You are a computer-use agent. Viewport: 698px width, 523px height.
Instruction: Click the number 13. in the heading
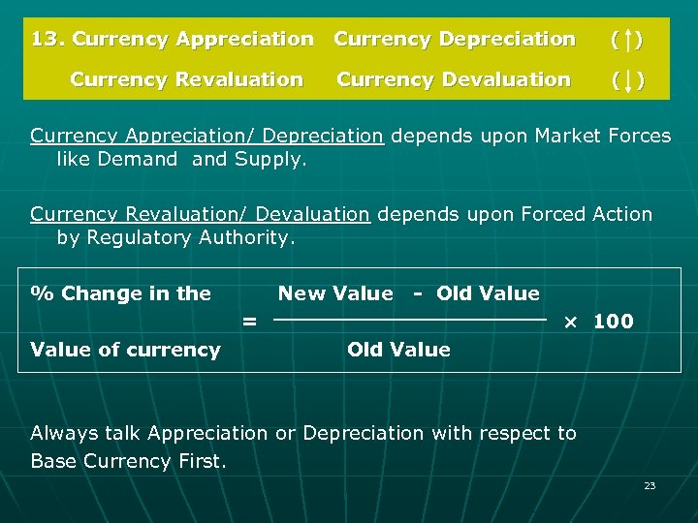[48, 40]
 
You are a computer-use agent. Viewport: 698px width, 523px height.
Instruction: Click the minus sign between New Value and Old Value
[417, 293]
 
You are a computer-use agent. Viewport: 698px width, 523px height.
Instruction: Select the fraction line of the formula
[412, 319]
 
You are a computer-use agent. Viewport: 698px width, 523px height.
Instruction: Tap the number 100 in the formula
[613, 322]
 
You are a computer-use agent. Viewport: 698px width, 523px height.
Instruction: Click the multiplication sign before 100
[572, 322]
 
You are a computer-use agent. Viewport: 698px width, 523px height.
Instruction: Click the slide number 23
[650, 485]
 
